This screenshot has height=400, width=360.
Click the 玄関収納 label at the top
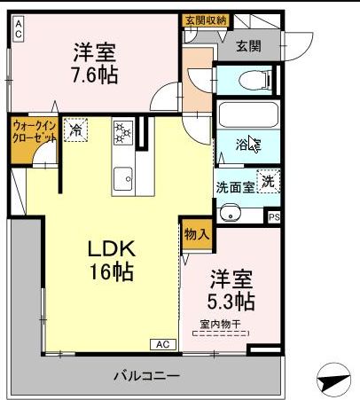pyautogui.click(x=207, y=20)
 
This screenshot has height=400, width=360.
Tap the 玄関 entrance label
pyautogui.click(x=250, y=47)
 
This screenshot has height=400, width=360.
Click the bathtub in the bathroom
pyautogui.click(x=248, y=116)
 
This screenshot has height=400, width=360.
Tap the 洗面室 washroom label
pyautogui.click(x=235, y=187)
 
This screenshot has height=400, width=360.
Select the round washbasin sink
pyautogui.click(x=231, y=213)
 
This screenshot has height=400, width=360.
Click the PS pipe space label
pyautogui.click(x=274, y=216)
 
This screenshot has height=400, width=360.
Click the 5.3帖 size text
pyautogui.click(x=232, y=301)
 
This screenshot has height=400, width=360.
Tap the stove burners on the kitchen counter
pyautogui.click(x=122, y=133)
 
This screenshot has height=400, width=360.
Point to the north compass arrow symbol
pyautogui.click(x=333, y=382)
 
